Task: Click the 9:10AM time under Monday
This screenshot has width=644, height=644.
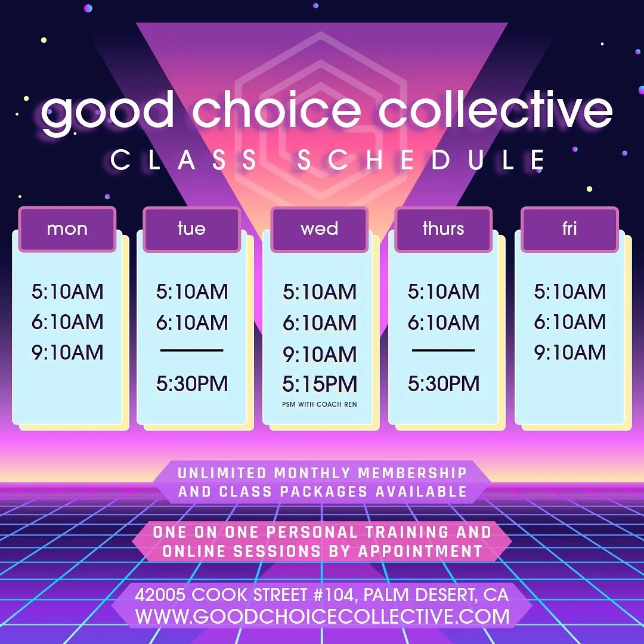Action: click(67, 352)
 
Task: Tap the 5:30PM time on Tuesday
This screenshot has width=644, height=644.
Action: click(192, 384)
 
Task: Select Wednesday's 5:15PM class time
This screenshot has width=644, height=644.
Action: click(320, 385)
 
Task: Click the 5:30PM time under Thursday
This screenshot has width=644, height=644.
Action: click(444, 384)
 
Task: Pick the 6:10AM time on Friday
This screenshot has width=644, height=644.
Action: click(569, 322)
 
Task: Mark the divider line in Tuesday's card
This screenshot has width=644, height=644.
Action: click(192, 351)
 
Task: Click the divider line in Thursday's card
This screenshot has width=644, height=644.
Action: click(444, 351)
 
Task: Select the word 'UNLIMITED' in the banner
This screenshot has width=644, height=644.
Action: click(222, 473)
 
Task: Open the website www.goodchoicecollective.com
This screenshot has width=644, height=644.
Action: click(323, 616)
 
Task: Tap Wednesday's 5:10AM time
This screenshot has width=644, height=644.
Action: click(320, 292)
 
